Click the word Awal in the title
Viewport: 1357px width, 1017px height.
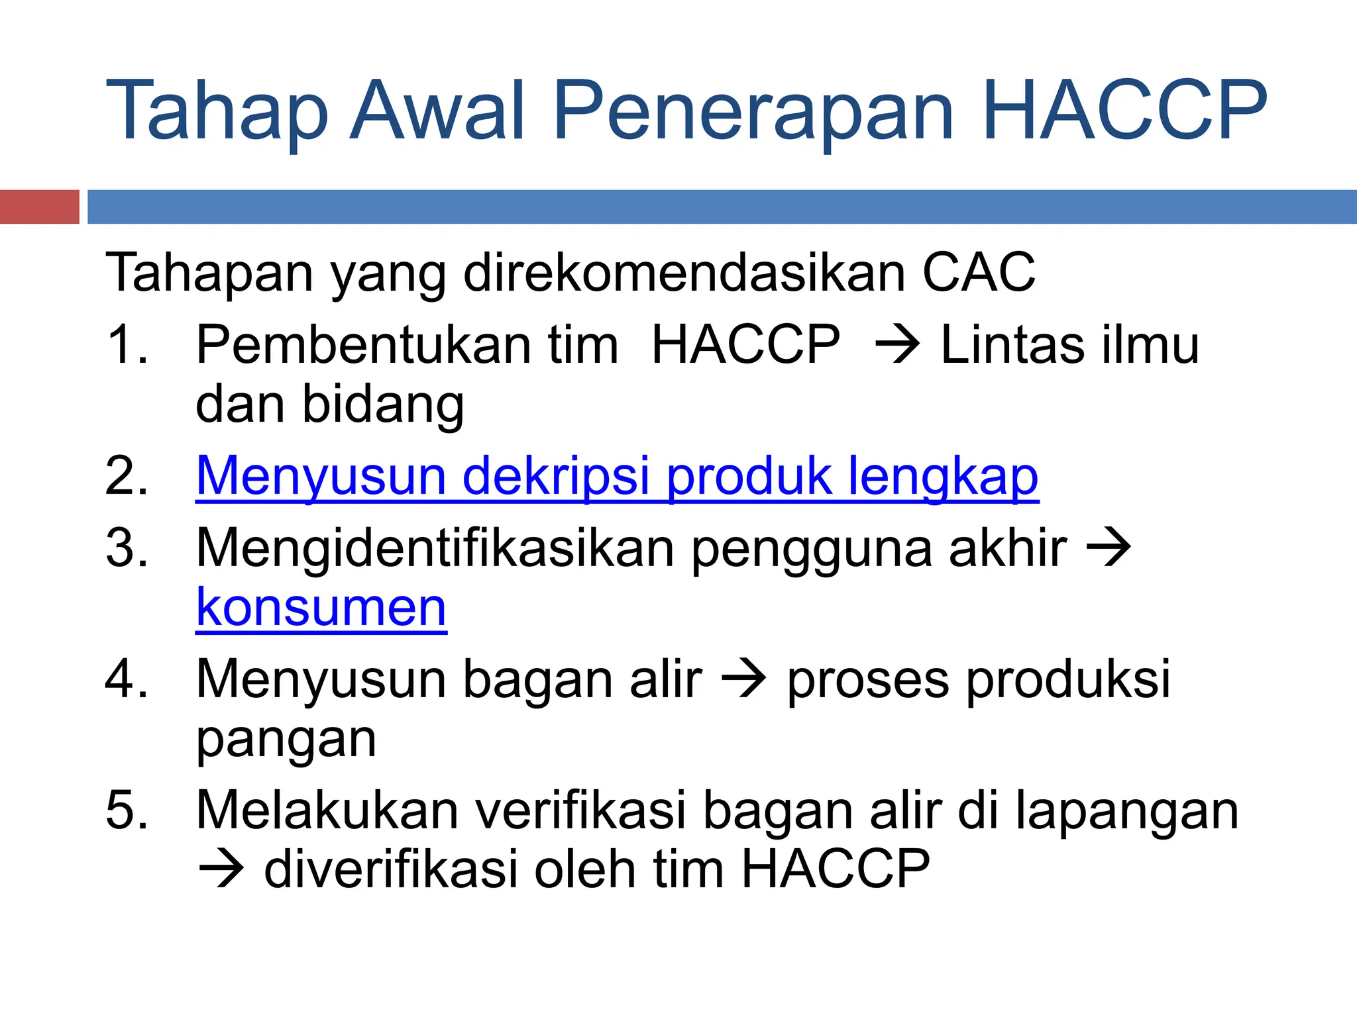pos(437,111)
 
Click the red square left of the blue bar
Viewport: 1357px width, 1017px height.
pos(39,207)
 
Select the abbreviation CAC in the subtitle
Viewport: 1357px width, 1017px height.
pos(979,272)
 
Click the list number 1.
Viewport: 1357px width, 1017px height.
pos(126,345)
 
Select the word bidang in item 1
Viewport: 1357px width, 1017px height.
pos(383,405)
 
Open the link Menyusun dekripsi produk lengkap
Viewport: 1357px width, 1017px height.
pos(617,476)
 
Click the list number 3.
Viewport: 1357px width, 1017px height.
pos(126,548)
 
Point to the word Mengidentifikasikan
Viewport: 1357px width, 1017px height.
pos(435,548)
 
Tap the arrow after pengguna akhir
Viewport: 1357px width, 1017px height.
pos(1108,549)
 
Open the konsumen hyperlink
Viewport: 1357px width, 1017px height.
pos(321,608)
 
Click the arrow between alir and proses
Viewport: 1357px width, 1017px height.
pos(743,680)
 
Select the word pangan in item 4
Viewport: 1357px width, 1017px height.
pos(286,739)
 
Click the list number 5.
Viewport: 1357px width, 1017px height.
pos(126,810)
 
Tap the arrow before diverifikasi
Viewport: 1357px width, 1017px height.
pos(221,869)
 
